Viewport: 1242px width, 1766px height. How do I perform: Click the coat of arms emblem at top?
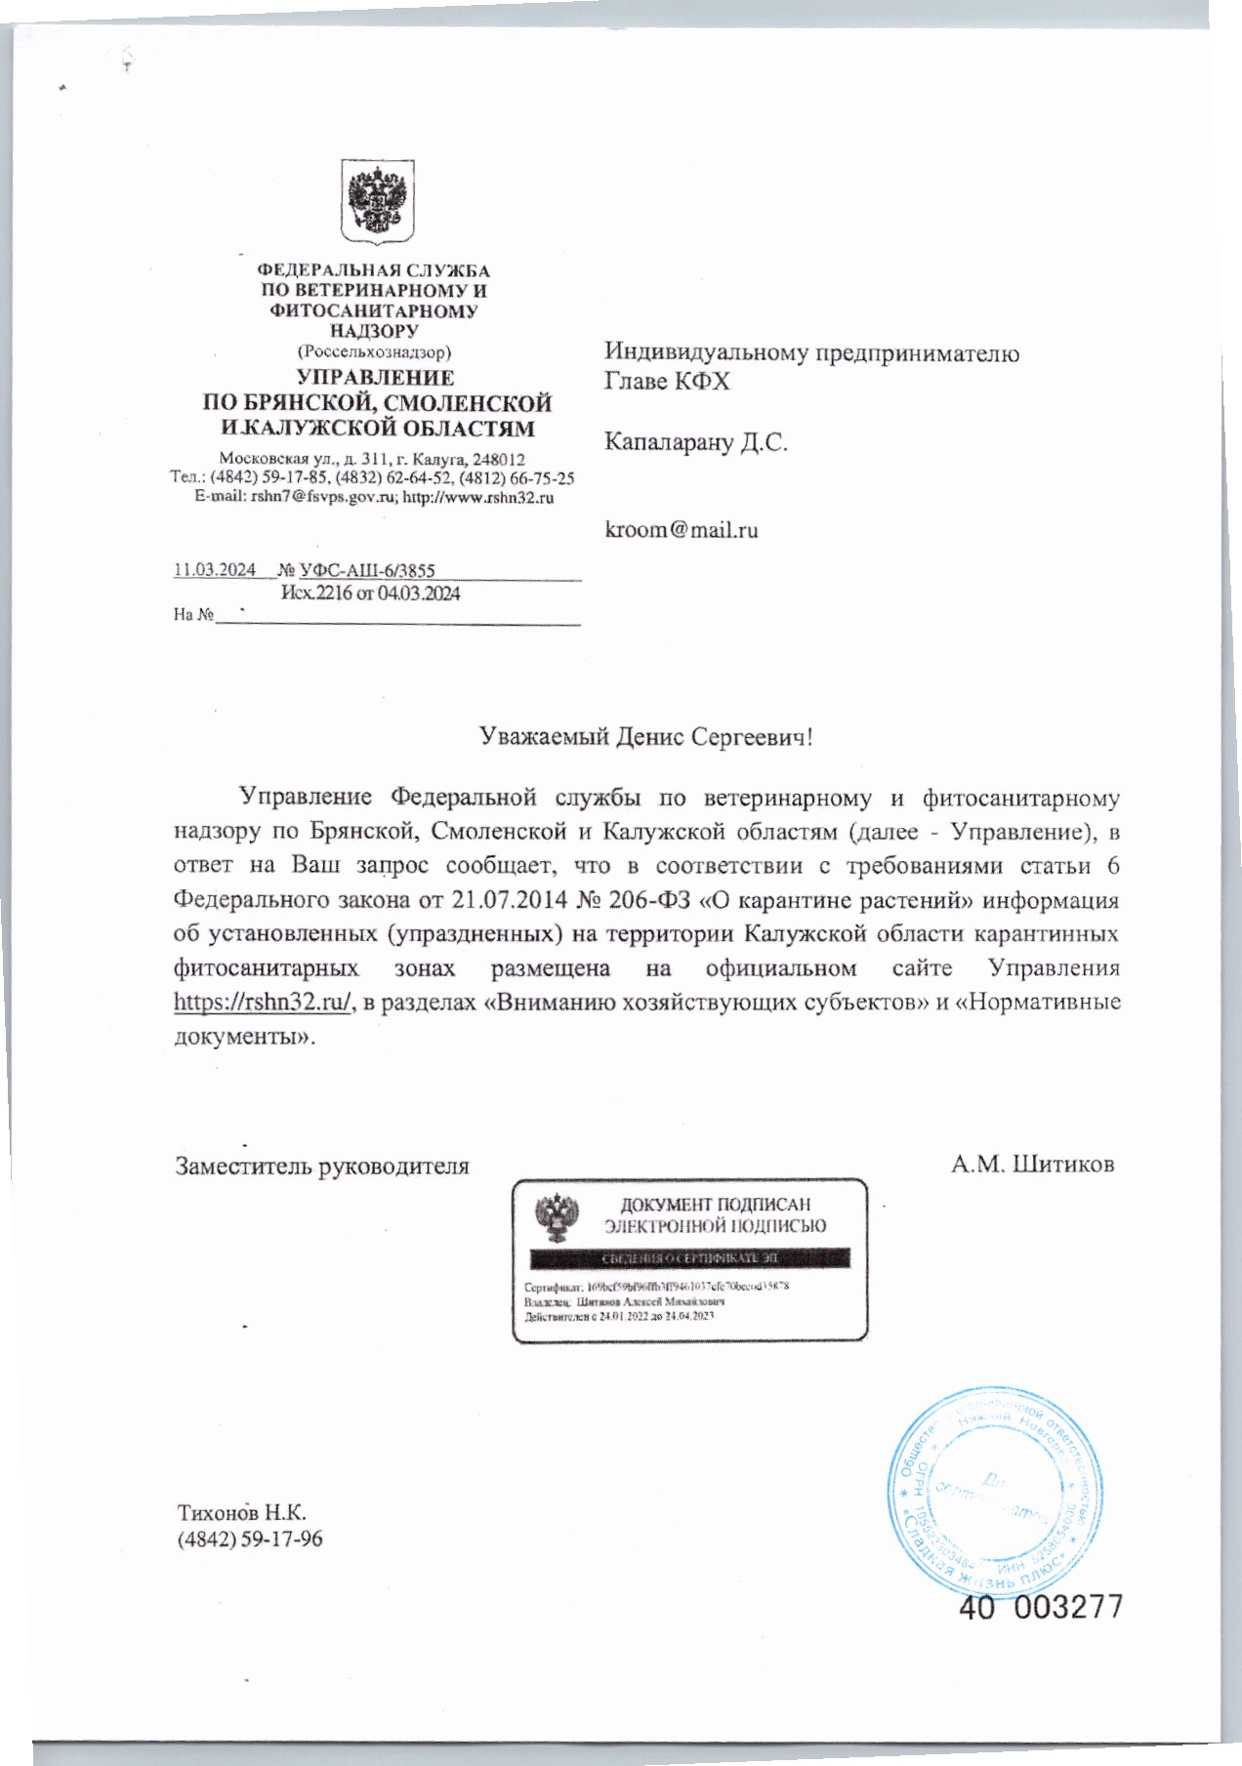point(377,203)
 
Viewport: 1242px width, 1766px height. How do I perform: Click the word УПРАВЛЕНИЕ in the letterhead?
point(376,378)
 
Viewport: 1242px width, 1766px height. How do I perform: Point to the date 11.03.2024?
point(215,570)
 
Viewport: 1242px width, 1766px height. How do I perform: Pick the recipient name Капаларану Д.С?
point(695,442)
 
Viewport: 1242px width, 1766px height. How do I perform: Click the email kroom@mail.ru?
point(681,530)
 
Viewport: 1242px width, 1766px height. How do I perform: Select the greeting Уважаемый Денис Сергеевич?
point(645,736)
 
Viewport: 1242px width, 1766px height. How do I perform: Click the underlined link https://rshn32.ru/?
point(263,1003)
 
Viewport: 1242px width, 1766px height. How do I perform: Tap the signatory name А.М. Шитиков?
point(1032,1164)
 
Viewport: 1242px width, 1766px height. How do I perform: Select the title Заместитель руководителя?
point(321,1166)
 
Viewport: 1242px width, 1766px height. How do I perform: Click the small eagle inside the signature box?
point(557,1217)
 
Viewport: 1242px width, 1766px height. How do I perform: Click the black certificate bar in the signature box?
point(689,1257)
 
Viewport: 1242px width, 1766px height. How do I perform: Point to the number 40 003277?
point(1040,1607)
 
